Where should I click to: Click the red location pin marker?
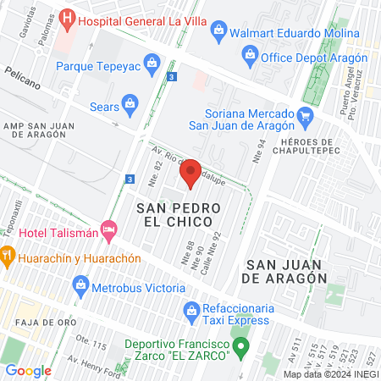click(x=190, y=173)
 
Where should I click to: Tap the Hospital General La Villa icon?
click(x=69, y=18)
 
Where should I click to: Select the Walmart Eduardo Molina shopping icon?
click(x=219, y=31)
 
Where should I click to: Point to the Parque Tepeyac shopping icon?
click(x=152, y=62)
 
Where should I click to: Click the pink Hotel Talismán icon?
click(x=108, y=229)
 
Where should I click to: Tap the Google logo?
click(x=28, y=370)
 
